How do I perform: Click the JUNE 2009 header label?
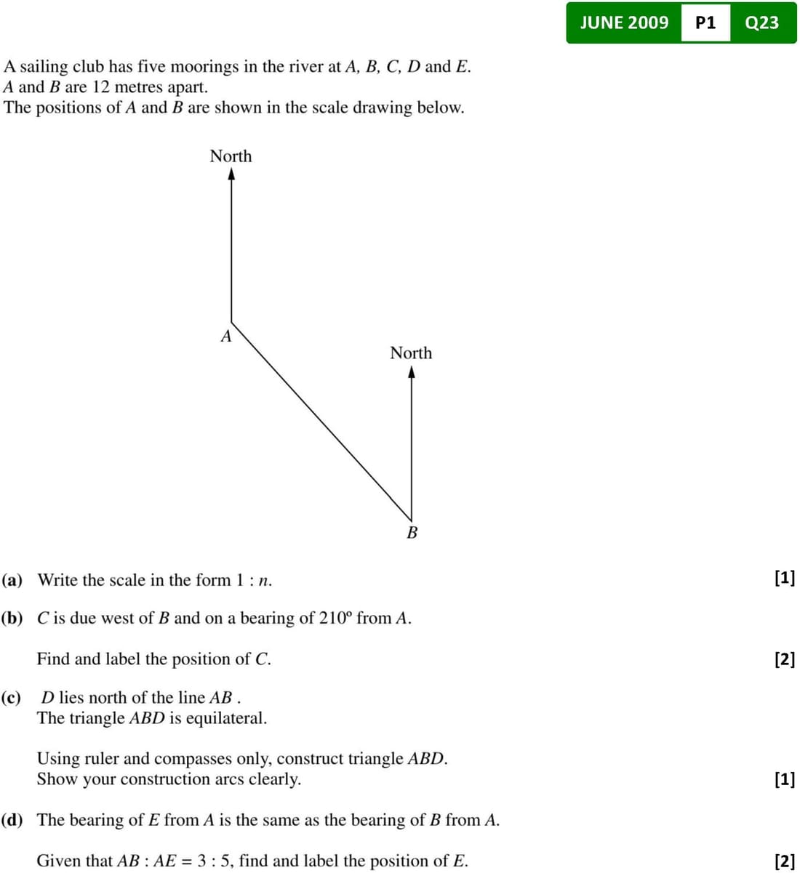pos(624,23)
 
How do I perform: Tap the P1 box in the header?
pos(705,23)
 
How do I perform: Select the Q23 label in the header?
pos(762,23)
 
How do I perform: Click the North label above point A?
pos(231,156)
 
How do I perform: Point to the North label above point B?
pos(411,353)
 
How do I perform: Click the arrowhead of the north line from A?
pos(231,174)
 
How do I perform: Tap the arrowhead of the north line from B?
pos(412,372)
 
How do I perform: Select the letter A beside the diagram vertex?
pos(226,337)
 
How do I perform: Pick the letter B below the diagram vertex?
pos(412,533)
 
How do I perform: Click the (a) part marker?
pos(12,580)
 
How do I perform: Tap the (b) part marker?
pos(12,619)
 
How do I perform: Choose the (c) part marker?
pos(12,698)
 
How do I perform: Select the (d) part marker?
pos(12,820)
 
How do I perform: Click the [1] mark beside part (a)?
pos(785,579)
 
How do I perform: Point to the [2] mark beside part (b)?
pos(785,659)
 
